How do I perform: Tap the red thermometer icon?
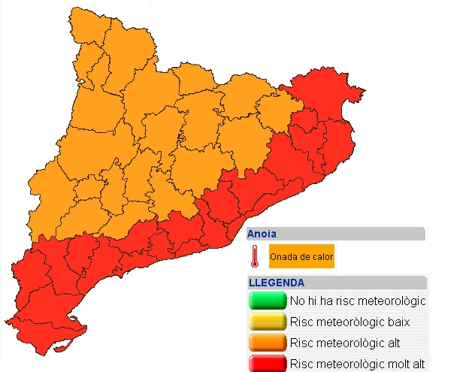click(x=256, y=257)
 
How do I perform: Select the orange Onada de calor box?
click(x=301, y=257)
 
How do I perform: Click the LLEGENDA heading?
click(x=276, y=283)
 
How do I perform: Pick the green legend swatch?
click(x=267, y=301)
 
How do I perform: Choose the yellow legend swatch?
click(x=267, y=322)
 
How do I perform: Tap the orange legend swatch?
click(x=267, y=343)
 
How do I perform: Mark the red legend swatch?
click(x=267, y=364)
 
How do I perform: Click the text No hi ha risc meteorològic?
click(x=358, y=301)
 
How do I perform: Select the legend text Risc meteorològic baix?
click(x=345, y=322)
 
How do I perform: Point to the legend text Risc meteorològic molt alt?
click(x=358, y=364)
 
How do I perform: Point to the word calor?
click(x=322, y=257)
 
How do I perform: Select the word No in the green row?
click(x=297, y=301)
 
